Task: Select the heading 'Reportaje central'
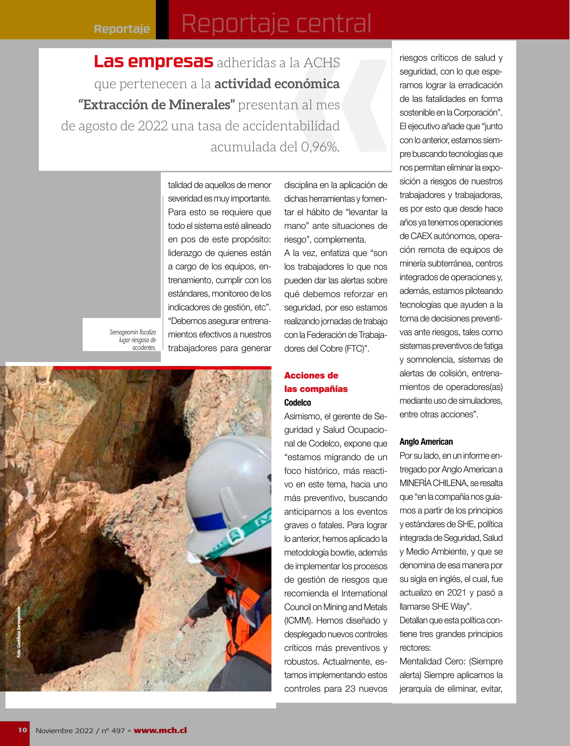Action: click(276, 23)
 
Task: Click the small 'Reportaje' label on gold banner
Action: click(122, 29)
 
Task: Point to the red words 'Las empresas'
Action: click(153, 62)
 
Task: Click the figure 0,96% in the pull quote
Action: click(319, 147)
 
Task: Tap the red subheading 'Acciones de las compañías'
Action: click(316, 382)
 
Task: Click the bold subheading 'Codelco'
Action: click(298, 403)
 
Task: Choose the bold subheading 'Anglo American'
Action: click(426, 442)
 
